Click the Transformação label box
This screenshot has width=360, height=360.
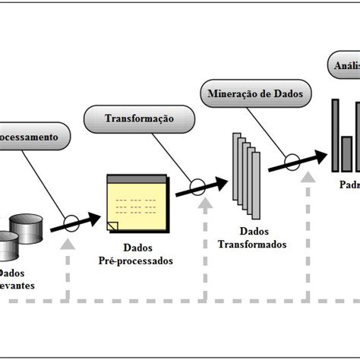138,119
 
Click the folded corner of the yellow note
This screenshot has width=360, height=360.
112,226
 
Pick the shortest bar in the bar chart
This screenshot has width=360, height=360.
346,152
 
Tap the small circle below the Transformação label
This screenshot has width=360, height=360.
197,186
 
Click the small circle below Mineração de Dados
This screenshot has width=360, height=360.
291,162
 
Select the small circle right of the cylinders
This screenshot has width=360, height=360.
70,223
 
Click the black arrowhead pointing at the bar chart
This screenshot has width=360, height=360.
319,156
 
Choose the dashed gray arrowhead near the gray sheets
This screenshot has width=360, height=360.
205,205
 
